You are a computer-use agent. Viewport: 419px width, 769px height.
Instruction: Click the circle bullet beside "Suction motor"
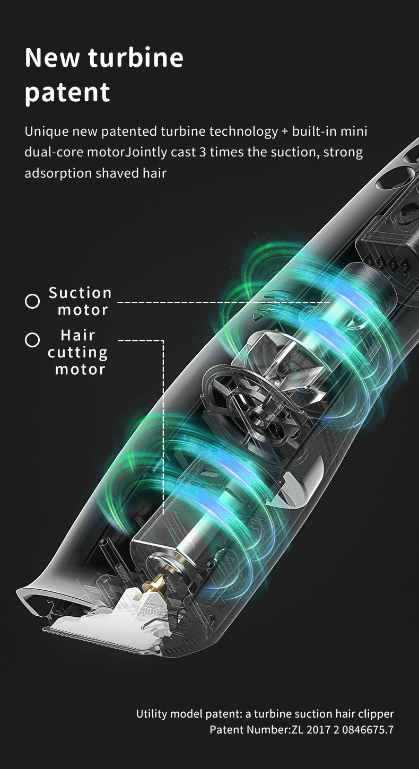(32, 301)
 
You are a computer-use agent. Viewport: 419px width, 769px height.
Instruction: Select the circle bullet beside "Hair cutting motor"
(32, 340)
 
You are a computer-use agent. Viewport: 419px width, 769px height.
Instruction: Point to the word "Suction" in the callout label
(81, 293)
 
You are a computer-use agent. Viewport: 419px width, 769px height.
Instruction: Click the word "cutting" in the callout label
(77, 353)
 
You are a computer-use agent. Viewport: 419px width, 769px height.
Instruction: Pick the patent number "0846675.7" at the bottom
(368, 730)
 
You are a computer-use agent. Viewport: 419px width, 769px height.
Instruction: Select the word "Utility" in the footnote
(152, 714)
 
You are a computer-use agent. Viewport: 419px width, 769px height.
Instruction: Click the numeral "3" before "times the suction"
(203, 152)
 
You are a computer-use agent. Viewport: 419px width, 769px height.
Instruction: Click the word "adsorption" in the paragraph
(58, 173)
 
